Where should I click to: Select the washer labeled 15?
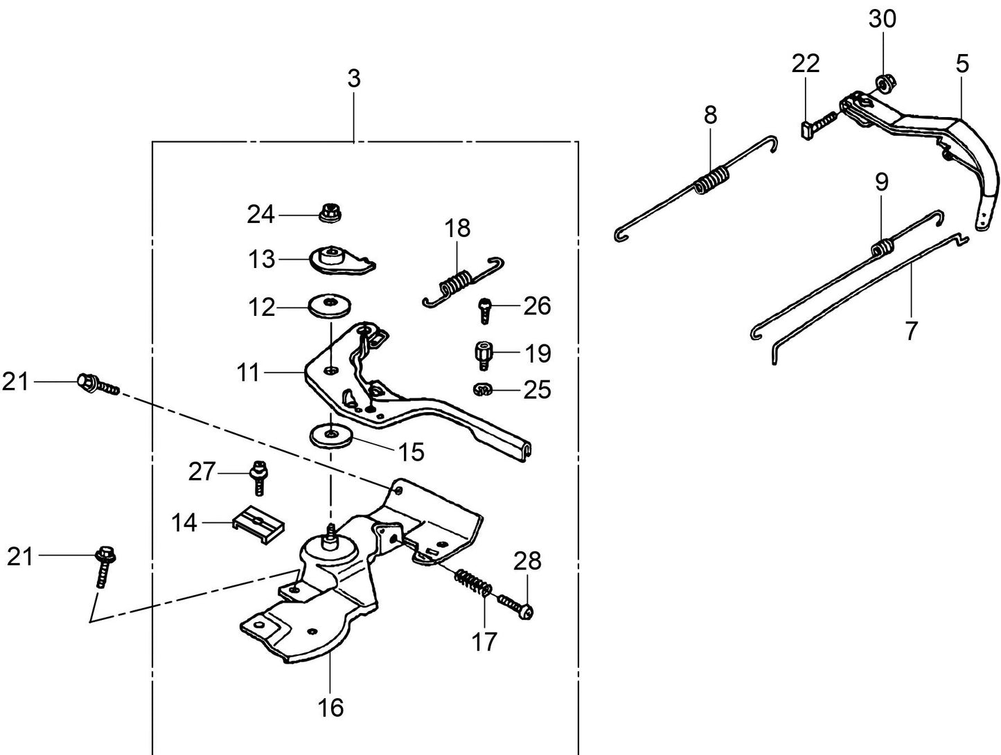click(330, 436)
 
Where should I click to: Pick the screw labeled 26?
click(485, 309)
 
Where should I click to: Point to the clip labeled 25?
click(483, 390)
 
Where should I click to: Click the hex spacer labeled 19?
click(484, 355)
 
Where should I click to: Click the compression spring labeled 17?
click(473, 582)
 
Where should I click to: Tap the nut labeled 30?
click(883, 85)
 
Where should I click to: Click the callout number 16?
click(331, 707)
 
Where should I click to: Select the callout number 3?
click(354, 79)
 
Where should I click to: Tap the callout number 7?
click(911, 330)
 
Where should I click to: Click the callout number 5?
click(962, 64)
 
